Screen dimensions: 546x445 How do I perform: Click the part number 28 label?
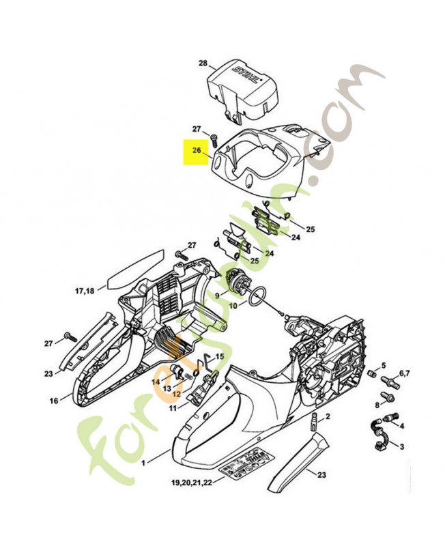(203, 63)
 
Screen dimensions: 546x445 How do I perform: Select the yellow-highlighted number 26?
(196, 150)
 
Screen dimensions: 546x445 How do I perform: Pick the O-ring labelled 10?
(256, 298)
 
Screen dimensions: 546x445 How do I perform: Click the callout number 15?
(219, 357)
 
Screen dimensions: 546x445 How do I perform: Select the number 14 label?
(156, 382)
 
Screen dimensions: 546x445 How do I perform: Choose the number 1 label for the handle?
(143, 463)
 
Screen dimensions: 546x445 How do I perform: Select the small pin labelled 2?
(315, 418)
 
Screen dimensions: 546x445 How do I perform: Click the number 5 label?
(383, 365)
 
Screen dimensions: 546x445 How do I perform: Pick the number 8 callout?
(377, 405)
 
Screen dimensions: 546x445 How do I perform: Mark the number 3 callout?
(402, 446)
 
